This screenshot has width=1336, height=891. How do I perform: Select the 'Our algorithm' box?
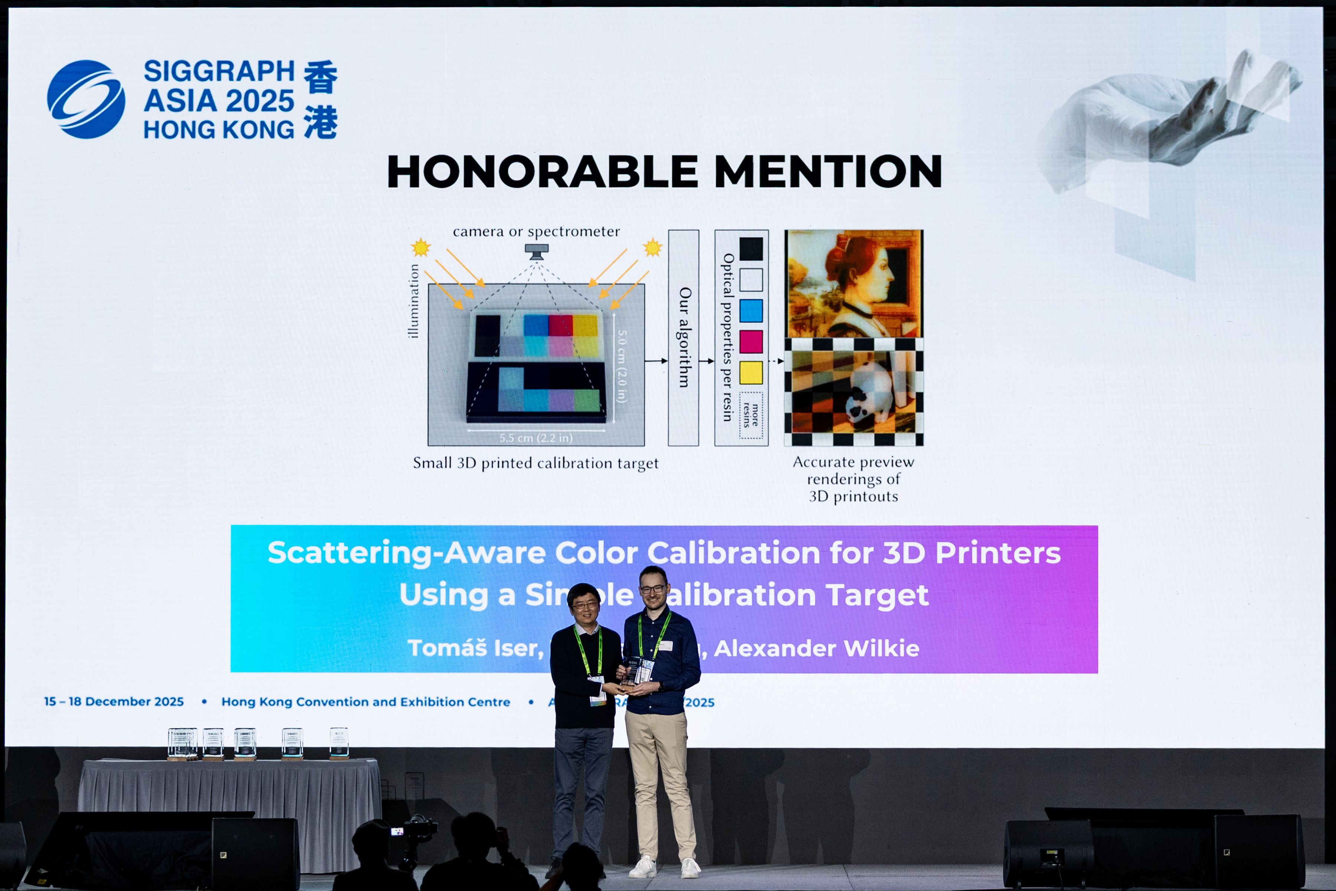pos(683,337)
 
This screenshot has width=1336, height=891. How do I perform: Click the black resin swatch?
pos(750,249)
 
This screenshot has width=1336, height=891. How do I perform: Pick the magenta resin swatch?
pos(750,342)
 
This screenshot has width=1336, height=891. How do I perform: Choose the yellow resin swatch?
pos(750,373)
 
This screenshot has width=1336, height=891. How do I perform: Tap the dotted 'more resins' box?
pos(750,415)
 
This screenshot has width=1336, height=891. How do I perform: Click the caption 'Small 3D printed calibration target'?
pos(535,463)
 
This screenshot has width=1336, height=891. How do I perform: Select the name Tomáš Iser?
pos(475,648)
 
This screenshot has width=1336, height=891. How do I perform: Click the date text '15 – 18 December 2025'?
pos(114,702)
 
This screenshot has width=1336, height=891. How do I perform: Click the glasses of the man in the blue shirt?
pos(653,589)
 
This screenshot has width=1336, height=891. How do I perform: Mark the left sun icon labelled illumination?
pos(421,248)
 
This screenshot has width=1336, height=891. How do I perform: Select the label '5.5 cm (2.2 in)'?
pos(536,438)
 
